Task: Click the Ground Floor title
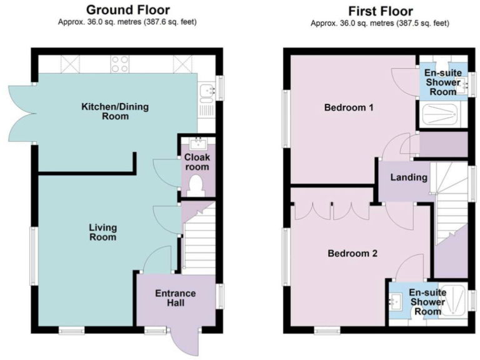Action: pos(127,9)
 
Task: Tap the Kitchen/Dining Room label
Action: pos(116,111)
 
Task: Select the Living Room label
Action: pos(103,232)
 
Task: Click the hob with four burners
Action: pos(120,62)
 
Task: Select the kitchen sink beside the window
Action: pos(205,92)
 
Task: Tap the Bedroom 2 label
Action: pos(352,254)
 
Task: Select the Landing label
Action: pos(409,177)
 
